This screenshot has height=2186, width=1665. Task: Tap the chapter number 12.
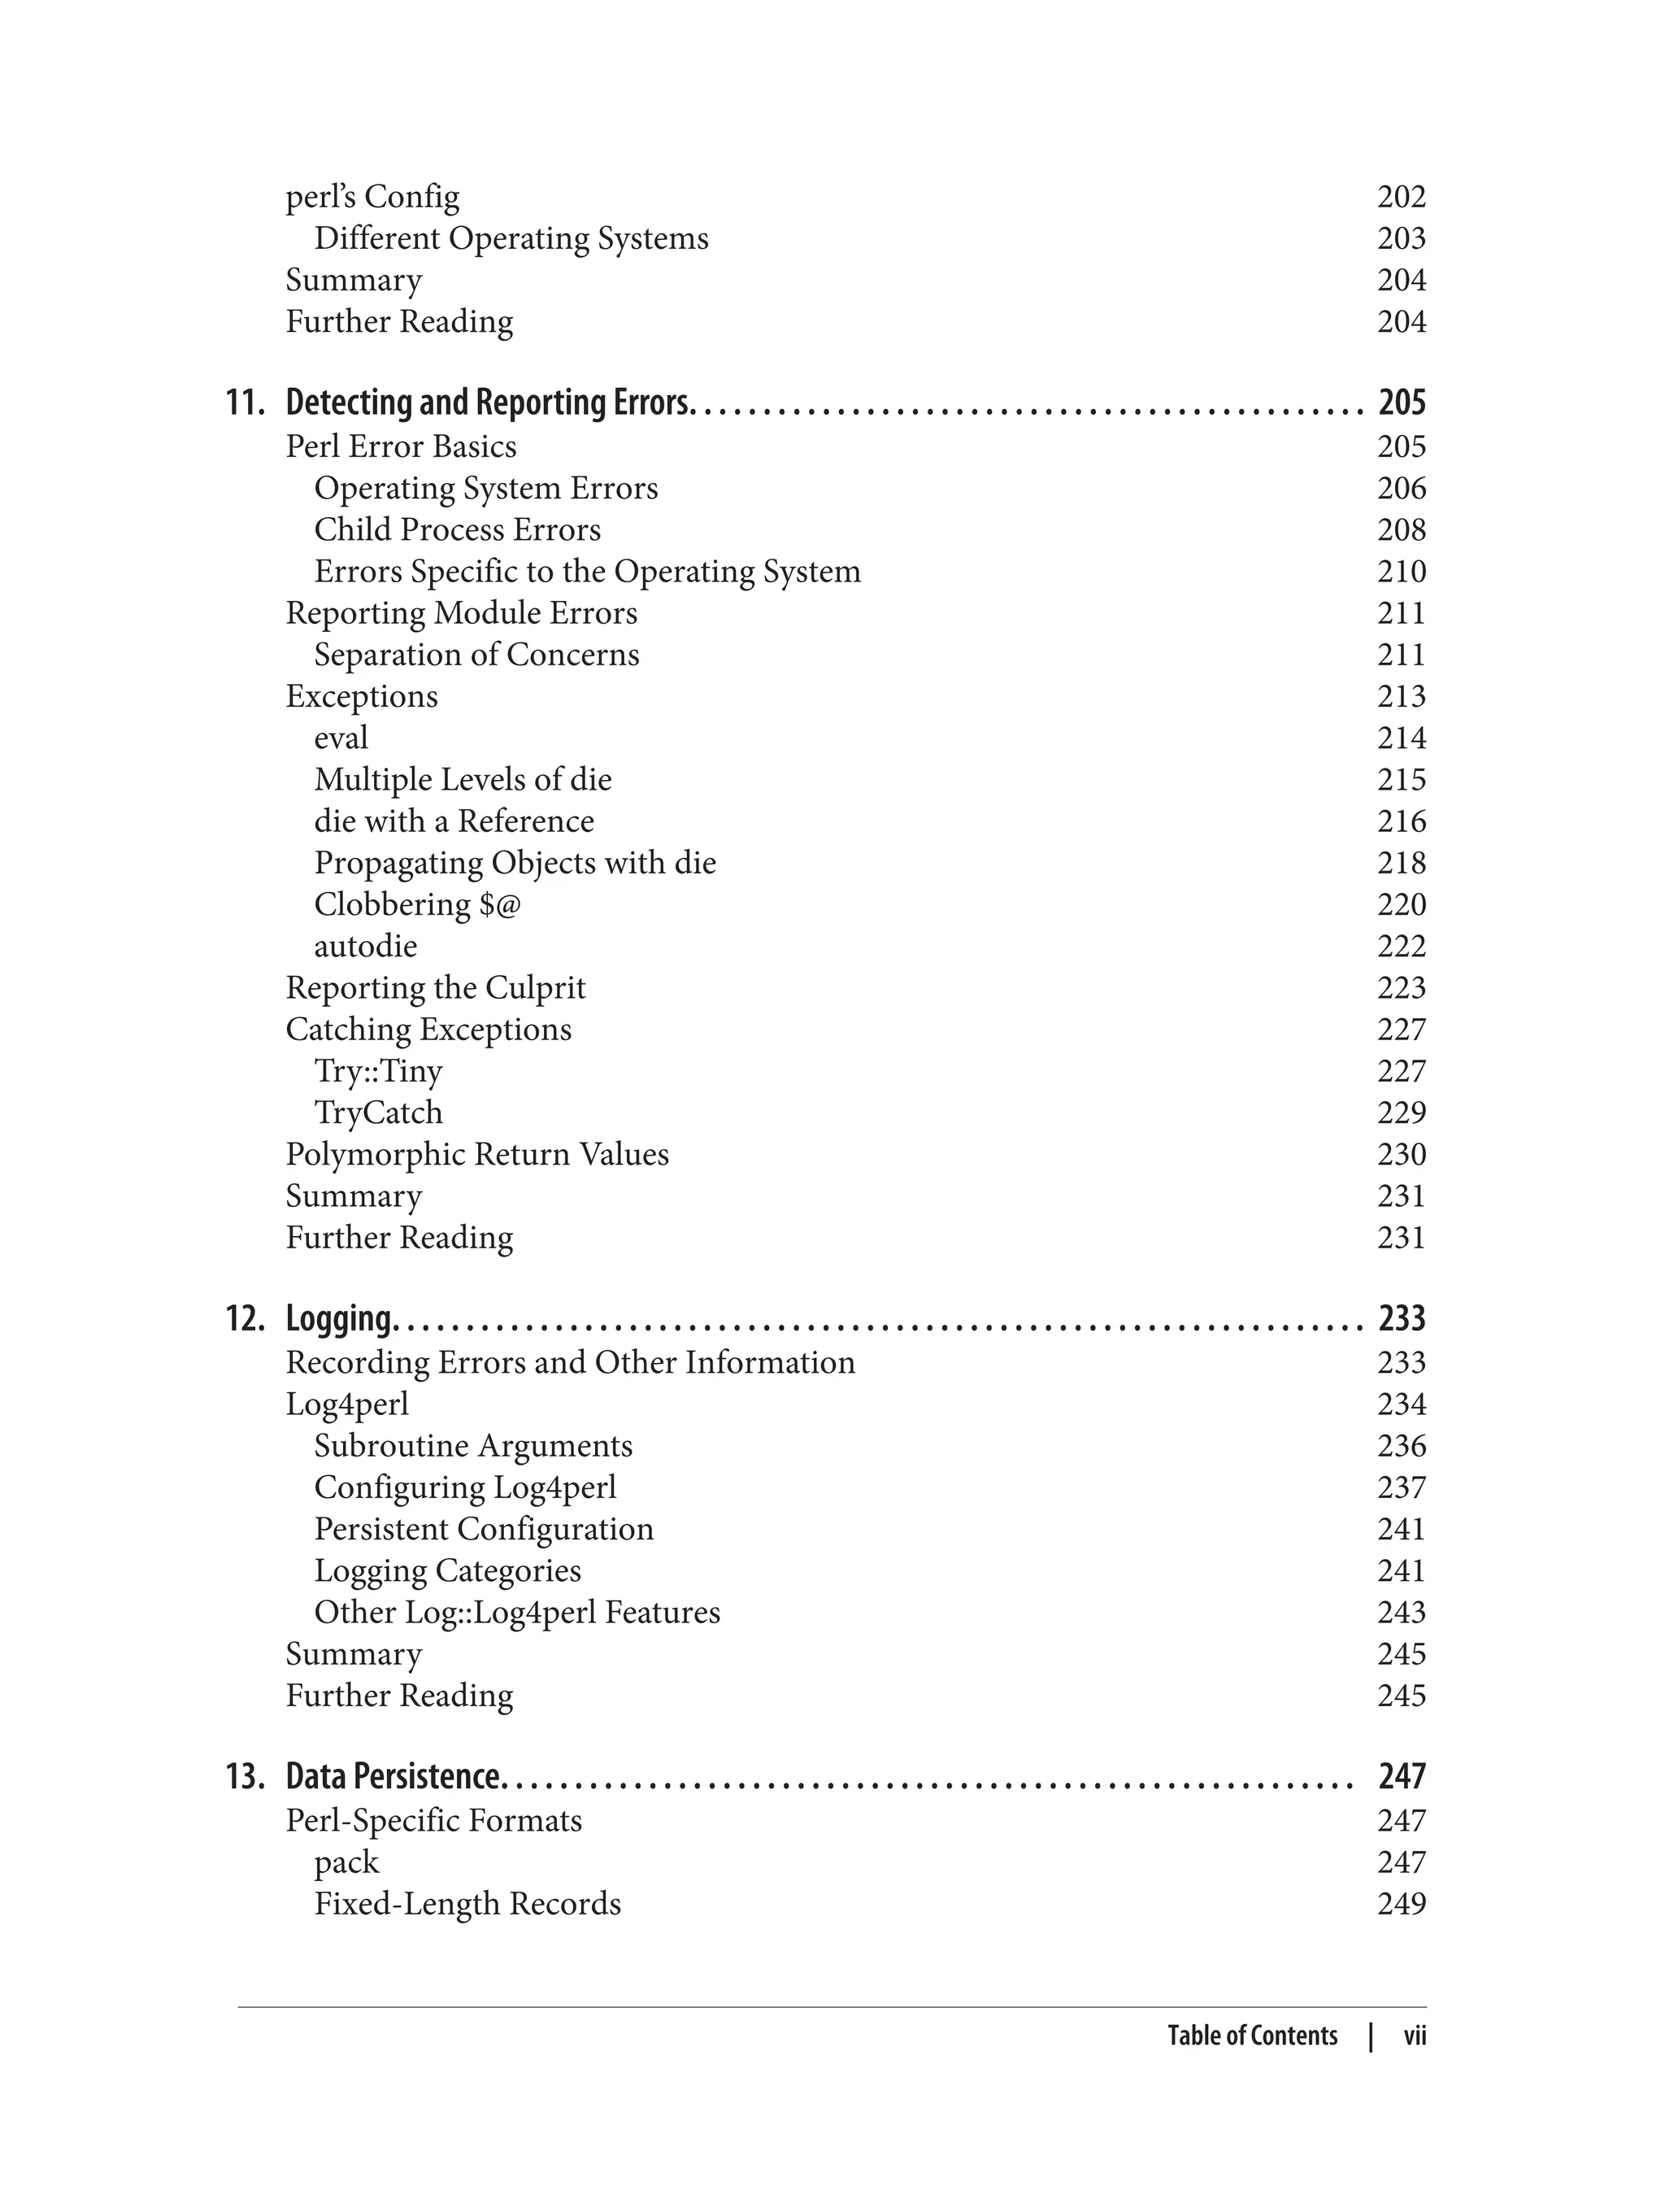click(245, 1318)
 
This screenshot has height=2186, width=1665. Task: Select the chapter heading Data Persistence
click(394, 1777)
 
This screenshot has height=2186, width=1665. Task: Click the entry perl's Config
click(372, 198)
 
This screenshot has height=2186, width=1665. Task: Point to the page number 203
click(1401, 239)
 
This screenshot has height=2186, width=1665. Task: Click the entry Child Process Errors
click(457, 529)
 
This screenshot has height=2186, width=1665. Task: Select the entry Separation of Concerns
click(476, 655)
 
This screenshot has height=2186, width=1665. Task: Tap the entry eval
click(341, 738)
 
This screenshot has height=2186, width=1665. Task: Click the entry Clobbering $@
click(416, 904)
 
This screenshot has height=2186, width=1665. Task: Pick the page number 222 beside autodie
click(1401, 946)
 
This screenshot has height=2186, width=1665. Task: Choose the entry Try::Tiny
click(377, 1071)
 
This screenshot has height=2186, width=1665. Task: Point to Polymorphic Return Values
click(476, 1154)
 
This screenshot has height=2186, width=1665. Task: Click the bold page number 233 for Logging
click(1402, 1318)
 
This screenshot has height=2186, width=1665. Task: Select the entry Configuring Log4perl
click(465, 1487)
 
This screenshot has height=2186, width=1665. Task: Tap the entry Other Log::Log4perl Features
click(516, 1612)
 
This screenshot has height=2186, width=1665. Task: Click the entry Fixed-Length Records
click(467, 1904)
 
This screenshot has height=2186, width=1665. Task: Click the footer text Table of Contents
click(1252, 2036)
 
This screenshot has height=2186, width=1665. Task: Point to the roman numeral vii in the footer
click(1415, 2036)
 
